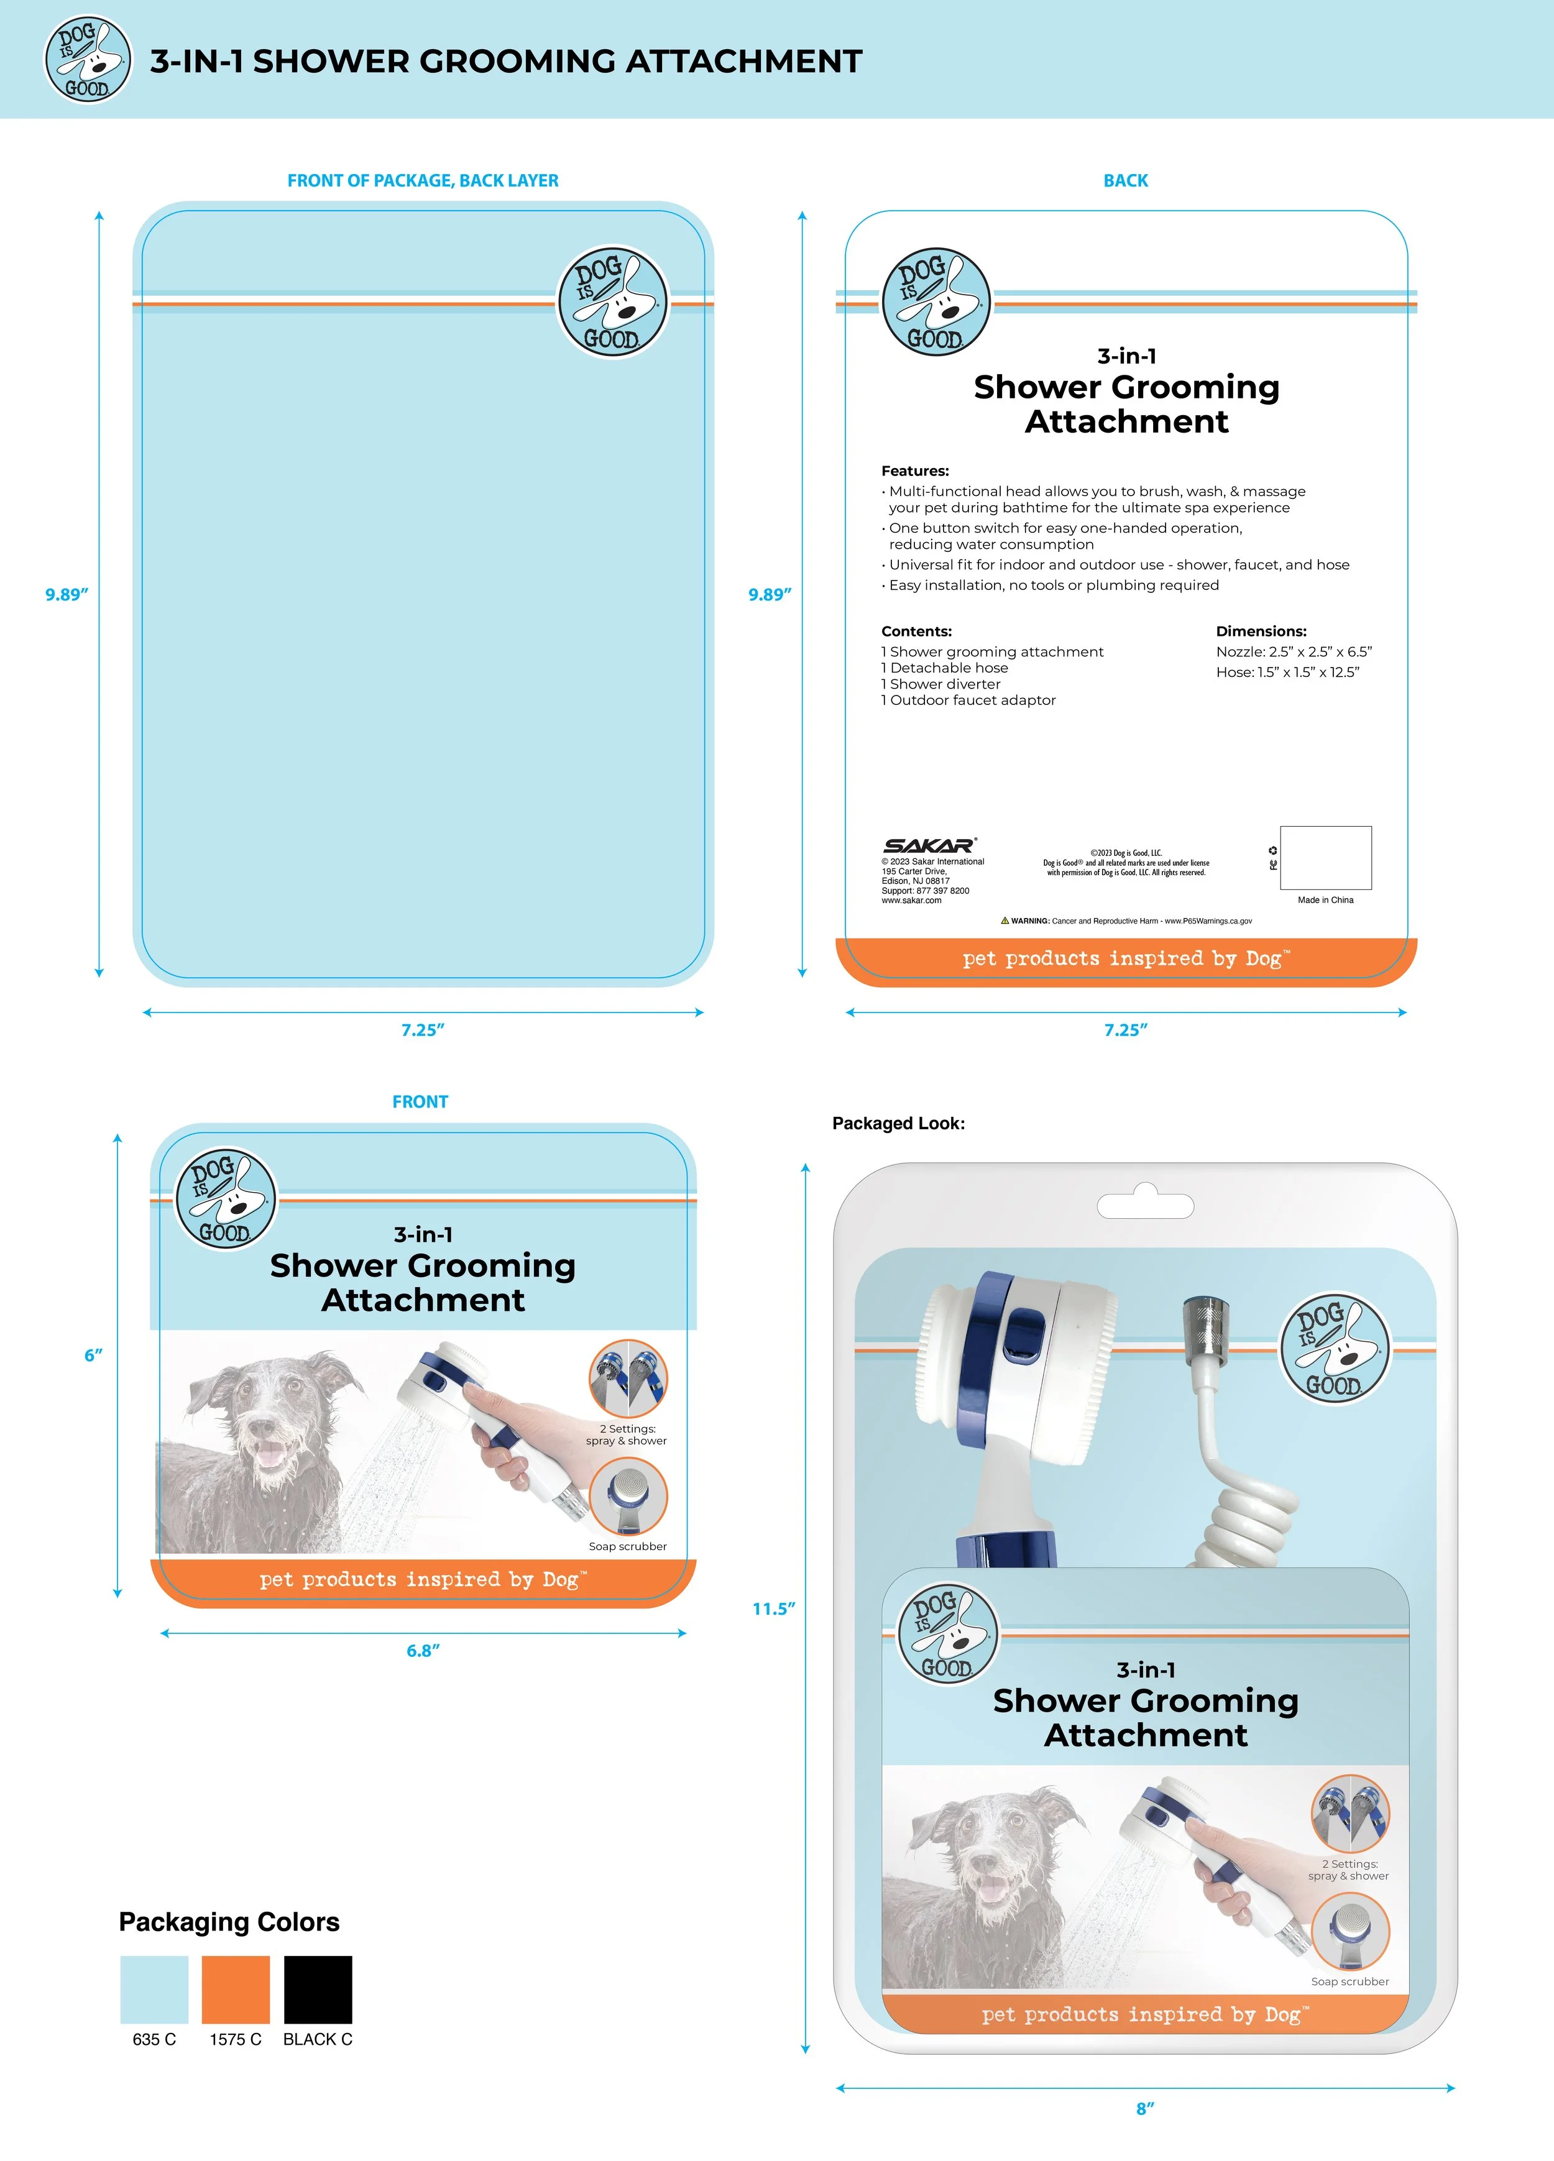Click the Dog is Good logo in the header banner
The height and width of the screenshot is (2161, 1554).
(88, 60)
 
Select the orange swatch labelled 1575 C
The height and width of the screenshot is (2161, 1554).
(236, 1989)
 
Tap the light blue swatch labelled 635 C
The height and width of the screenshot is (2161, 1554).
(154, 1989)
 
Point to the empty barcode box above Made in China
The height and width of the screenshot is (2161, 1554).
(1325, 858)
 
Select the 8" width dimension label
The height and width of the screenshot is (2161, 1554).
(1145, 2109)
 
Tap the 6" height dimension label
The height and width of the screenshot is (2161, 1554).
(93, 1355)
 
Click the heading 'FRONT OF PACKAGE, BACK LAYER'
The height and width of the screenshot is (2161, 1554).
(423, 180)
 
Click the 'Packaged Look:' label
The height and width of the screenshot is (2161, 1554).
(898, 1123)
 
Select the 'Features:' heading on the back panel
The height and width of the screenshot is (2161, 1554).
(914, 470)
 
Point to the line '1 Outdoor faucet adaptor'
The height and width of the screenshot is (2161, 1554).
(968, 700)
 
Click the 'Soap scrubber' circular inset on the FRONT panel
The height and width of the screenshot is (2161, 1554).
(628, 1497)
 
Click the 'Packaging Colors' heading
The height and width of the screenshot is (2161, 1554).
(229, 1922)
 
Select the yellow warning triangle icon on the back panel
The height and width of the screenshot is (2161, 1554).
(1005, 920)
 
